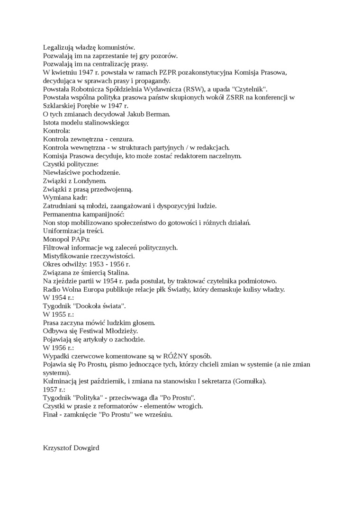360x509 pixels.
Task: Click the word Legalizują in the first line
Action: click(x=58, y=47)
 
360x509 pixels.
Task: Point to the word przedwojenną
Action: click(x=112, y=189)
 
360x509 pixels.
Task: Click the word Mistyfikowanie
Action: click(x=66, y=256)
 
